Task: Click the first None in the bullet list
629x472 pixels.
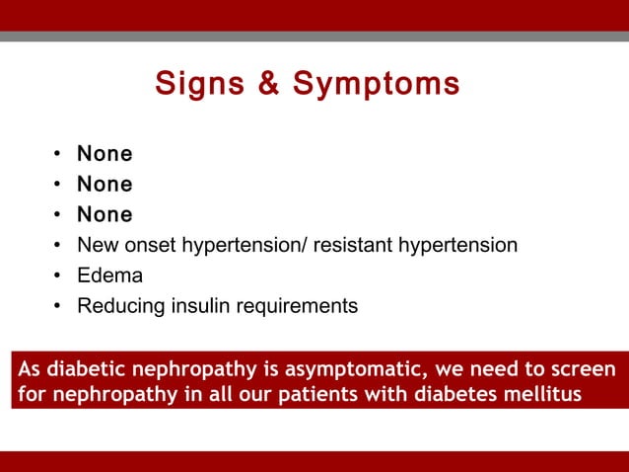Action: [105, 154]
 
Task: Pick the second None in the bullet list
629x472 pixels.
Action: [105, 185]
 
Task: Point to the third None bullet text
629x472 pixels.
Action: [105, 214]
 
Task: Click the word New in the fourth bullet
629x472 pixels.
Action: [97, 245]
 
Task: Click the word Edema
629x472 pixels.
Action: [109, 275]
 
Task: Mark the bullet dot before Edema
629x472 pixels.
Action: [58, 276]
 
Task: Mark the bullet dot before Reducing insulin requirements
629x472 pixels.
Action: [58, 307]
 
